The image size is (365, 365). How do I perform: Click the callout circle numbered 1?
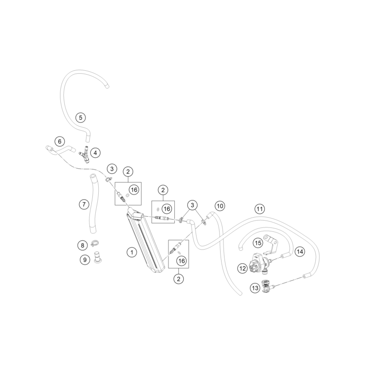click(132, 252)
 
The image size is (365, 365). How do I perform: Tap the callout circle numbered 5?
click(81, 117)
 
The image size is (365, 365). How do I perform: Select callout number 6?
click(59, 141)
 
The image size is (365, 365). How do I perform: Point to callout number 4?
click(95, 153)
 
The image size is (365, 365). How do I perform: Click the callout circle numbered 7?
click(84, 205)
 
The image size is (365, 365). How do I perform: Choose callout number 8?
click(83, 245)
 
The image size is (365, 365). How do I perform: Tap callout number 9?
click(84, 259)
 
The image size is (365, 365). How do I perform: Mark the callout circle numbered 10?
click(220, 206)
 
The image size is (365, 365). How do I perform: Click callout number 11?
click(259, 209)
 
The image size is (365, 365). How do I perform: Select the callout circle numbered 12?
click(242, 268)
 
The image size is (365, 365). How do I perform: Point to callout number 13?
click(255, 288)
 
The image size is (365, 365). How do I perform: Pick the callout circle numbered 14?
click(300, 252)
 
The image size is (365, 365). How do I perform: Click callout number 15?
click(258, 243)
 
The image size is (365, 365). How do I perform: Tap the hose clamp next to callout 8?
click(95, 243)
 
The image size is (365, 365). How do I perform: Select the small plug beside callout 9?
click(97, 257)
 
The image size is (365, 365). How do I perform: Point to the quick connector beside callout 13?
click(267, 286)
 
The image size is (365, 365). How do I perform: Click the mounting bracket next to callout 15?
click(271, 244)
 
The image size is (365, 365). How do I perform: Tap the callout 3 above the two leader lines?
click(192, 205)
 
